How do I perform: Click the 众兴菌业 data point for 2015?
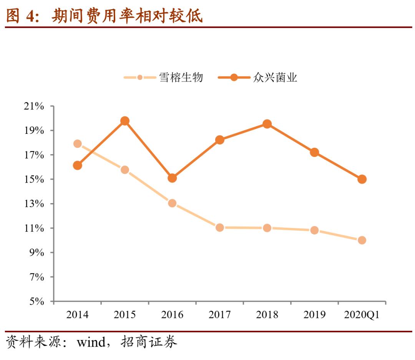click(125, 121)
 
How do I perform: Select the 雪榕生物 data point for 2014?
click(77, 144)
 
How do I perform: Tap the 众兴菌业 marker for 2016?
click(172, 178)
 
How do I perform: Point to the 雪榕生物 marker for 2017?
click(220, 227)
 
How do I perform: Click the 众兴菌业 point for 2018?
click(267, 124)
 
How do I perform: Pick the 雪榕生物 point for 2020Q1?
click(362, 240)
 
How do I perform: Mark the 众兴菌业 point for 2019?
click(314, 152)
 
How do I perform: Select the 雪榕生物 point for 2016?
click(172, 203)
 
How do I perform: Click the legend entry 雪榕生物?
click(181, 78)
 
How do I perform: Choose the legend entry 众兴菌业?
click(275, 78)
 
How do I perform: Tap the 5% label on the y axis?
click(37, 302)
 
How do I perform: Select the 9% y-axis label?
click(37, 253)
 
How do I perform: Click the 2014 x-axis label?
click(77, 315)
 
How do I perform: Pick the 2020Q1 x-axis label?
click(362, 315)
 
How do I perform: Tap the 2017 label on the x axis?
click(220, 315)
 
